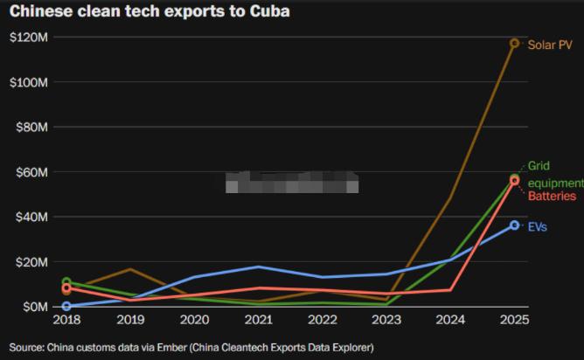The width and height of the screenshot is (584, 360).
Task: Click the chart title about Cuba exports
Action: (x=149, y=12)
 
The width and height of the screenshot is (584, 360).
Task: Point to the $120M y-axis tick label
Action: (x=29, y=38)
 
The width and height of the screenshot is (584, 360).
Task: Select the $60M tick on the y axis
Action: (x=32, y=172)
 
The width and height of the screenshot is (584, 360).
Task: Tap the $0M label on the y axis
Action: (x=36, y=307)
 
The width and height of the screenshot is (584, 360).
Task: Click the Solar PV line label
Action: (x=550, y=44)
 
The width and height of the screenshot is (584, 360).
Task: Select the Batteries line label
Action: (x=552, y=197)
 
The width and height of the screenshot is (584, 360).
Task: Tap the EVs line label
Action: (x=538, y=227)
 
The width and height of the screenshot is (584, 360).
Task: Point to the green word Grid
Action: (x=538, y=166)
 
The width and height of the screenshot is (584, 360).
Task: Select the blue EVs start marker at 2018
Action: (x=66, y=306)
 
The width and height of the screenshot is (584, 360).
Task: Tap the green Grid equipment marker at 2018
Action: (x=66, y=282)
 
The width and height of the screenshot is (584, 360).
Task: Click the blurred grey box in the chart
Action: (x=292, y=182)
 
